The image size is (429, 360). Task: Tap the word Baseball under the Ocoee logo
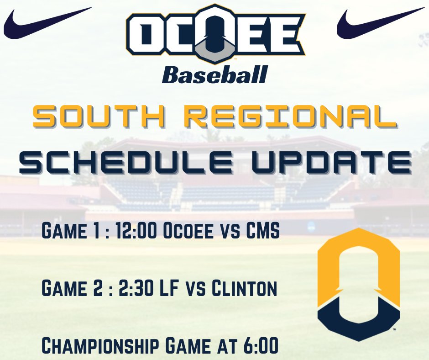(214, 74)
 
